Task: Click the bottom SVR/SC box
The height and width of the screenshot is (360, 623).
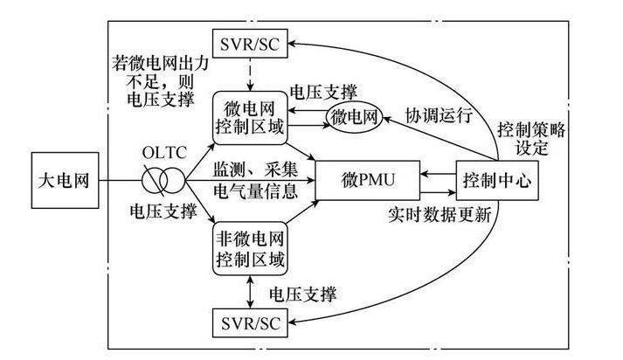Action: [247, 324]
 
